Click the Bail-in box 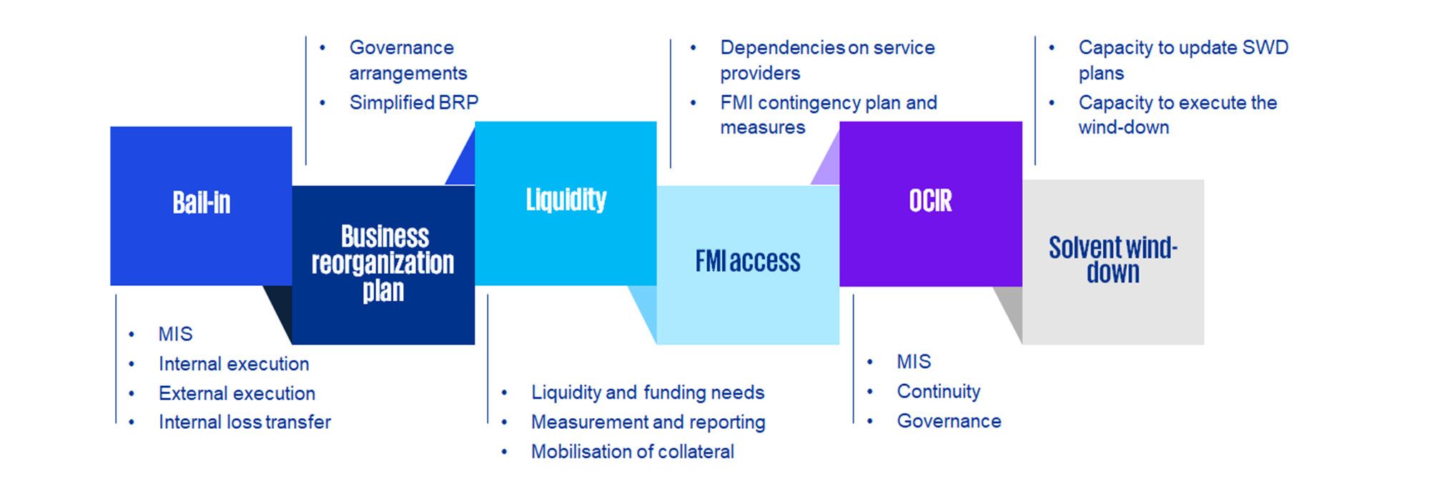(x=201, y=206)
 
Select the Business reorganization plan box (x=383, y=264)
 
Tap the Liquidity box (x=566, y=202)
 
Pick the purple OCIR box (x=930, y=203)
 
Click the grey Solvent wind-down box (x=1113, y=261)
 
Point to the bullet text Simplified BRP (x=413, y=103)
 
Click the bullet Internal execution (x=234, y=364)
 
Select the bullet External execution (x=237, y=393)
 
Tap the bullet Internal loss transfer (x=245, y=422)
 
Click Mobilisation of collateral (x=632, y=452)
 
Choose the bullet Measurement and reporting (x=648, y=422)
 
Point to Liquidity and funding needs (x=647, y=392)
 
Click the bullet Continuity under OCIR (x=938, y=392)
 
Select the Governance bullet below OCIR (x=949, y=421)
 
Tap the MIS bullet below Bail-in (x=175, y=334)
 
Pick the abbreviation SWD (x=1265, y=48)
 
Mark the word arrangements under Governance (x=408, y=74)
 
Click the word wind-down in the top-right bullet (x=1123, y=127)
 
